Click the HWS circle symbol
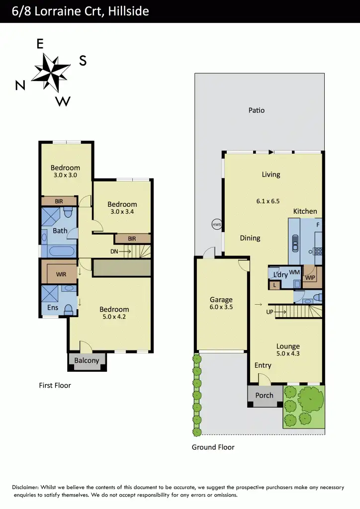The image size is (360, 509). pyautogui.click(x=217, y=224)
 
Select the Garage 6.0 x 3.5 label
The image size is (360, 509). pyautogui.click(x=221, y=303)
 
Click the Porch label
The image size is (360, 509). pyautogui.click(x=264, y=396)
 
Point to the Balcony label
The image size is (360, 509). pyautogui.click(x=87, y=361)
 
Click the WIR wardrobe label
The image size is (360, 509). pyautogui.click(x=61, y=274)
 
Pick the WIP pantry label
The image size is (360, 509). pyautogui.click(x=310, y=277)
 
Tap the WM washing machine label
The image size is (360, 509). pyautogui.click(x=294, y=272)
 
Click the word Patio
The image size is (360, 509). pyautogui.click(x=257, y=110)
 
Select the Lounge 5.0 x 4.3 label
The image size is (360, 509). pyautogui.click(x=288, y=350)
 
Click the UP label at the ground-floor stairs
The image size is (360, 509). pyautogui.click(x=270, y=312)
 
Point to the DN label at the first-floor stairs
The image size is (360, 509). pyautogui.click(x=115, y=252)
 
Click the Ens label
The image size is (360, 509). pyautogui.click(x=53, y=308)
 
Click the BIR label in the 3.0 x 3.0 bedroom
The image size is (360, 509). pyautogui.click(x=59, y=201)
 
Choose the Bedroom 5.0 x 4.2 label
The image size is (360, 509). pyautogui.click(x=114, y=313)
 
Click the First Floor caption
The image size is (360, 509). pyautogui.click(x=55, y=385)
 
